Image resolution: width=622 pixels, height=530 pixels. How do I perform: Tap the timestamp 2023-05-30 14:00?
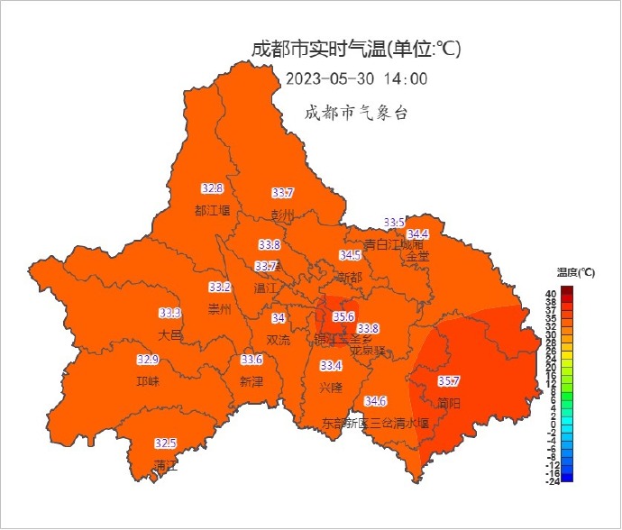click(357, 78)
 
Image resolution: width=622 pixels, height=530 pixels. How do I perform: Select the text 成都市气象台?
click(357, 113)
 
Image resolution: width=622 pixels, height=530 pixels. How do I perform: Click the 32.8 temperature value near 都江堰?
click(212, 188)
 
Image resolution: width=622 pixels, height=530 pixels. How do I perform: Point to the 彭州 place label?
click(283, 215)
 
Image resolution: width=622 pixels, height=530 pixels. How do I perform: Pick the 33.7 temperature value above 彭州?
click(283, 193)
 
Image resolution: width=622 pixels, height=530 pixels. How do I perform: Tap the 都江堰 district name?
click(213, 210)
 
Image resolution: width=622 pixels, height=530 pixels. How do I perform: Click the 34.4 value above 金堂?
click(418, 234)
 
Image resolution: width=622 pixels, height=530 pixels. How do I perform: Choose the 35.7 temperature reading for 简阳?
click(449, 381)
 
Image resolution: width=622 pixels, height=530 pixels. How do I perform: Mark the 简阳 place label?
click(449, 403)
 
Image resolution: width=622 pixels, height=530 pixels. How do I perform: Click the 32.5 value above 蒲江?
click(165, 443)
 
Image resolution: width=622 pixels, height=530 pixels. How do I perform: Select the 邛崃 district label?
click(148, 381)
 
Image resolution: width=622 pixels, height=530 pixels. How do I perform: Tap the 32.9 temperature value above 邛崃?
click(148, 360)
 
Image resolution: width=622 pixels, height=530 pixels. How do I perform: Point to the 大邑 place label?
click(170, 334)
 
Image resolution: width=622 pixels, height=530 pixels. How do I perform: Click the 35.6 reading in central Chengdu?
click(343, 316)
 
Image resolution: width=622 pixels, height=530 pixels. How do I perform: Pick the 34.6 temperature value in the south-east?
click(376, 401)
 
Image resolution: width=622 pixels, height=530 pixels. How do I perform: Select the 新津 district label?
click(252, 381)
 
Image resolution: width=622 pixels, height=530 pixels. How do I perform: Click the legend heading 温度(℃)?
click(575, 272)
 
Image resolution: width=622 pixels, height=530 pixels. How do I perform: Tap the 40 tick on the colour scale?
click(550, 294)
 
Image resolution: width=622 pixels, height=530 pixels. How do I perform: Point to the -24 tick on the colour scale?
click(552, 481)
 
